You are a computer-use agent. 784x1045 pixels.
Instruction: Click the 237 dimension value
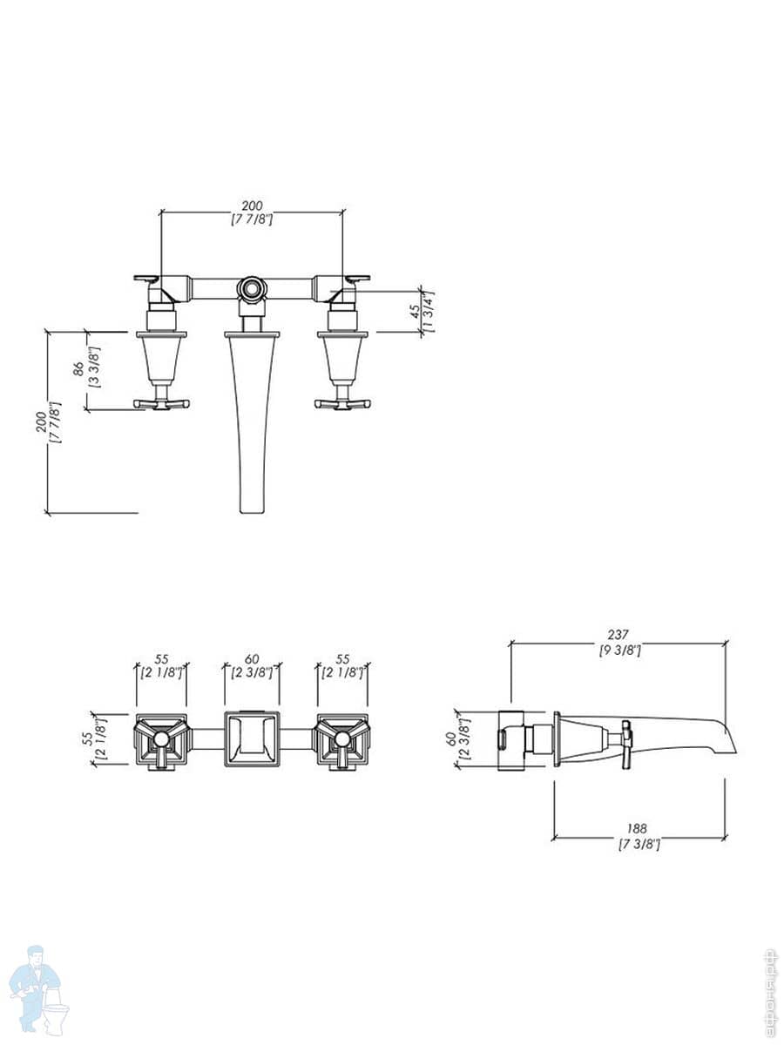click(x=618, y=635)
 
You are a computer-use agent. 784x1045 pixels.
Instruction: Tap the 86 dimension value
click(x=78, y=369)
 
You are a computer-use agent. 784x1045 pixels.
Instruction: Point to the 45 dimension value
click(x=416, y=312)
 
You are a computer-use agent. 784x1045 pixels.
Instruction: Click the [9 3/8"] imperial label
click(x=619, y=650)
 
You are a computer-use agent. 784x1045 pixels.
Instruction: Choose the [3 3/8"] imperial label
click(x=94, y=368)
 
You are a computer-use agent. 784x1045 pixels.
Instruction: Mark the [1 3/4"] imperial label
click(x=429, y=311)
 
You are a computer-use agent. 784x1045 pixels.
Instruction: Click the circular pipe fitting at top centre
click(x=252, y=288)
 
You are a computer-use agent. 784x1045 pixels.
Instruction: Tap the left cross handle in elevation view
click(x=162, y=404)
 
